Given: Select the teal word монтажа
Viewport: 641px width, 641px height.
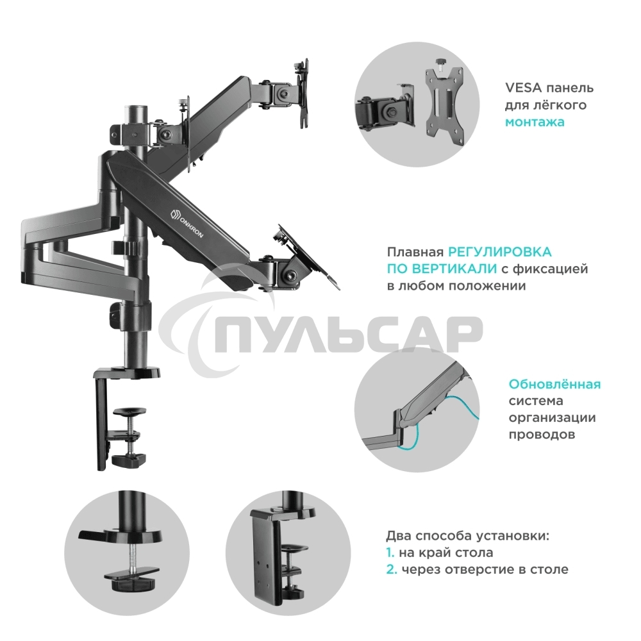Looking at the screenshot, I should (535, 122).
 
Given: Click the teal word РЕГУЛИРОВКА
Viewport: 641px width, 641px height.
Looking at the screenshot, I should (499, 253).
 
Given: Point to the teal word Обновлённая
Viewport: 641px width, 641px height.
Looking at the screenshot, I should (554, 385).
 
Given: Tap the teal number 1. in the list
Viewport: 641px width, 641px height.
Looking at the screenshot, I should (390, 553).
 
